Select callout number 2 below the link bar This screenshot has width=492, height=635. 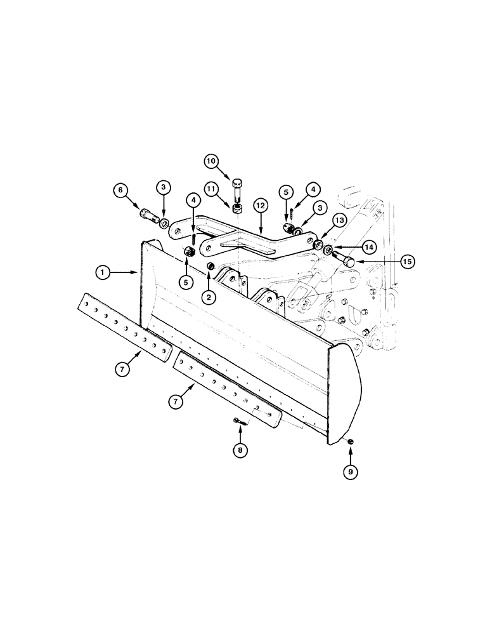click(x=210, y=296)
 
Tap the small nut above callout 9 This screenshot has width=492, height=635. click(x=350, y=441)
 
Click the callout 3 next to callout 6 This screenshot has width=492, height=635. click(x=163, y=187)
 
